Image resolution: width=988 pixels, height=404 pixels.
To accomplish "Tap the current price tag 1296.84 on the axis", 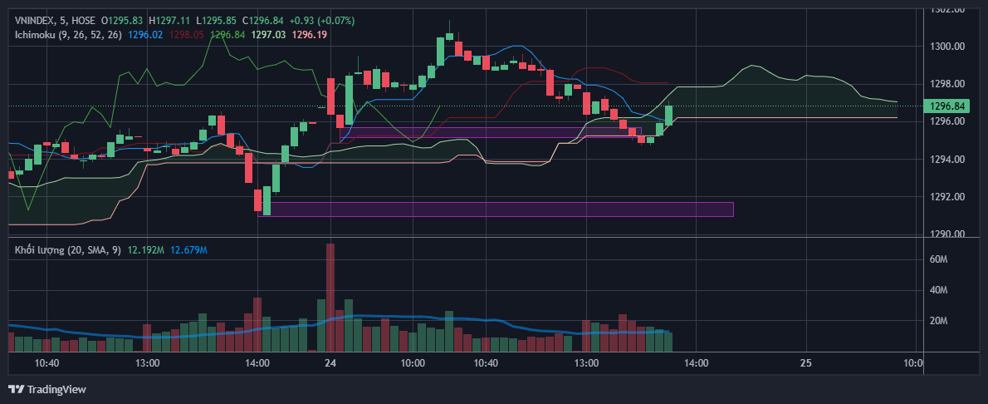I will tap(948, 106).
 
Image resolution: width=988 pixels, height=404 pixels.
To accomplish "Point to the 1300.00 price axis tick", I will tap(947, 47).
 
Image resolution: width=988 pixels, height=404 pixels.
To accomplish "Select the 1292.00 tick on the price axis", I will tap(947, 197).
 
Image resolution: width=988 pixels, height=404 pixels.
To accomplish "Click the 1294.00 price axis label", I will tap(947, 160).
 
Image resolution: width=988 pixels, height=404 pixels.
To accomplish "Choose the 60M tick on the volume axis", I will tap(939, 259).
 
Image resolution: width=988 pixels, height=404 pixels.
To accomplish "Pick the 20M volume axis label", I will tap(939, 321).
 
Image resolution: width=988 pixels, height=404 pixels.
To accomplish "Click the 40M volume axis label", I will tap(939, 290).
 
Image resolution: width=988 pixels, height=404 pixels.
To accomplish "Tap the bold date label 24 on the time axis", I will tap(330, 363).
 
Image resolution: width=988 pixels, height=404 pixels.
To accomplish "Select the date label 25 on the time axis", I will tap(805, 363).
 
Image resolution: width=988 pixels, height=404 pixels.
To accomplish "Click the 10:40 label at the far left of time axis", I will tap(46, 363).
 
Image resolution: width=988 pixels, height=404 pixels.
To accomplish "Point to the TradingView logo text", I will tap(56, 389).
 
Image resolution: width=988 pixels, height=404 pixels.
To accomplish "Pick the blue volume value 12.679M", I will tap(188, 249).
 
